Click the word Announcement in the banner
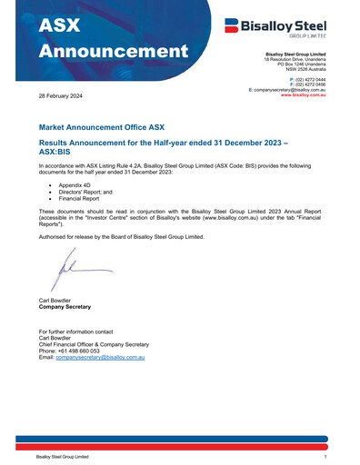tap(113, 51)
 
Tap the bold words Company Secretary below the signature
tap(65, 306)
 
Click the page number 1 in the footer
tap(338, 456)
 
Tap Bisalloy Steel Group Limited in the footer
tap(62, 456)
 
